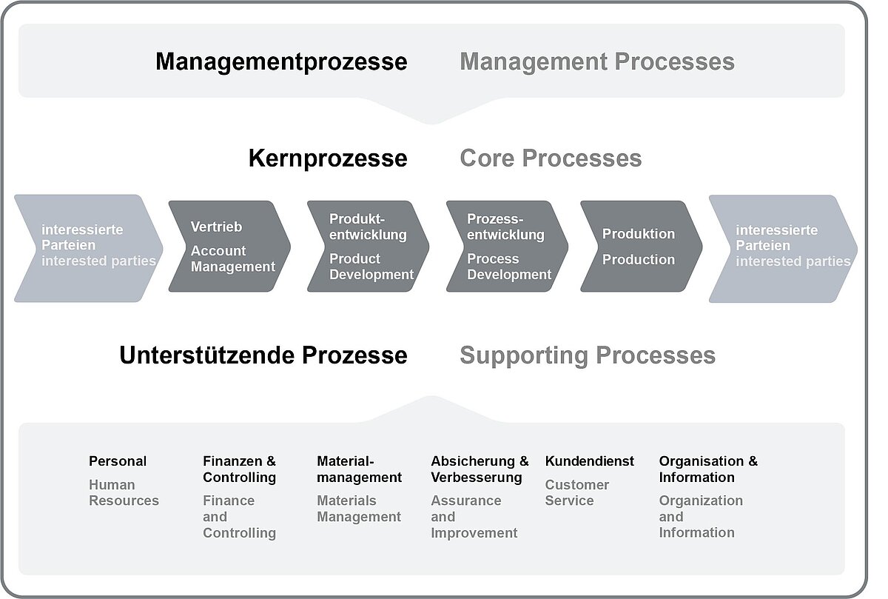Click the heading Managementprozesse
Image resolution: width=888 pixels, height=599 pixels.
click(281, 62)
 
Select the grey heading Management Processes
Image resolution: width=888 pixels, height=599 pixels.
click(597, 62)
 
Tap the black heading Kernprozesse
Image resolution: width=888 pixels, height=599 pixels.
click(328, 158)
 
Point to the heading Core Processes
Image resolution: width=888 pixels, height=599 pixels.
click(551, 158)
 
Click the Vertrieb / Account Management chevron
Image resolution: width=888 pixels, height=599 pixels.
click(229, 247)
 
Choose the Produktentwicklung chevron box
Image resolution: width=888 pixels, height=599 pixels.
click(368, 247)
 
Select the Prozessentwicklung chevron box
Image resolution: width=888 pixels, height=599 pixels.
click(507, 247)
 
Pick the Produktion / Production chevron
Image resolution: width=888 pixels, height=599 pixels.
click(641, 247)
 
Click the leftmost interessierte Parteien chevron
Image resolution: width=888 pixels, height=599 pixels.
click(88, 248)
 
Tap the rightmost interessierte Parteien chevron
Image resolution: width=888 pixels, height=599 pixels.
click(784, 249)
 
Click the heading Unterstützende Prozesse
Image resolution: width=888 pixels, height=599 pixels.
click(263, 355)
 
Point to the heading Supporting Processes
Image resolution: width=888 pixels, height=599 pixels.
click(588, 355)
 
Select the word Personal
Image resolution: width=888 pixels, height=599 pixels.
click(118, 461)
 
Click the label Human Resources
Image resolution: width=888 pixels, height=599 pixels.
click(124, 492)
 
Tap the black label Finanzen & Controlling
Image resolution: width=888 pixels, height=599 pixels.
click(240, 469)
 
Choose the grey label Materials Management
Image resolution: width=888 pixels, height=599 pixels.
click(359, 509)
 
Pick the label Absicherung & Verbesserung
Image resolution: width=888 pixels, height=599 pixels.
click(480, 469)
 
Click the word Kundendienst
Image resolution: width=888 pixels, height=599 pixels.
click(590, 461)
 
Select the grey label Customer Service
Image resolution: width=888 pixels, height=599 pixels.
click(576, 492)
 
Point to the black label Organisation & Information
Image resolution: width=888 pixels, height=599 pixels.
click(708, 469)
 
